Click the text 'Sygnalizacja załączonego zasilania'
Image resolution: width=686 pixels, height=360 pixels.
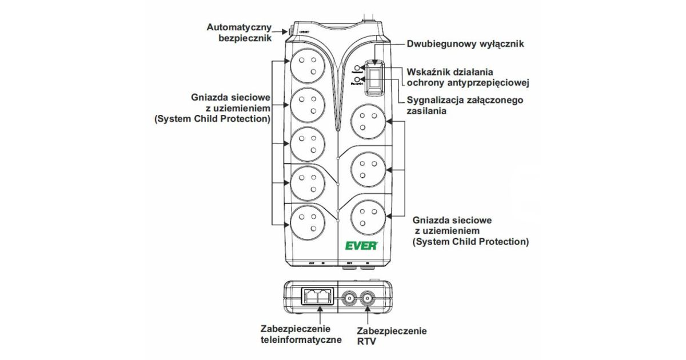[x=465, y=106]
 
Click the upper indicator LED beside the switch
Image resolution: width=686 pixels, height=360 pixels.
[x=358, y=68]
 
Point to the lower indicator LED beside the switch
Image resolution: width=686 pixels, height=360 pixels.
[x=358, y=80]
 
